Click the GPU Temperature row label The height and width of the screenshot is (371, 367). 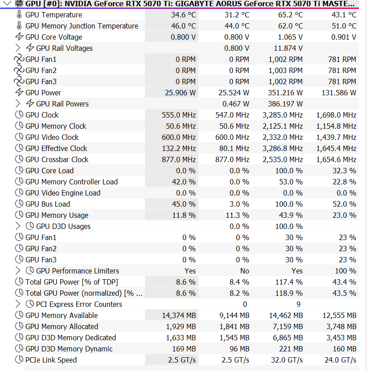coord(54,15)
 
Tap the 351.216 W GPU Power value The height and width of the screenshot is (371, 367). coord(285,93)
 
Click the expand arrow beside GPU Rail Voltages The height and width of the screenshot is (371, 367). coord(18,48)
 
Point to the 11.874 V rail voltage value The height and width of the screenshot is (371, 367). coord(288,48)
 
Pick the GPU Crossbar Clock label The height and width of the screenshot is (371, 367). coord(57,159)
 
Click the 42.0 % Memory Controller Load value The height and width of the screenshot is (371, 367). coord(183,182)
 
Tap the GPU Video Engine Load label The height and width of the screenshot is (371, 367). coord(62,193)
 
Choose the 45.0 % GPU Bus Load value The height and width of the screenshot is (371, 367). coord(183,204)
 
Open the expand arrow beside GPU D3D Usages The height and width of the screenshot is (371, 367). coord(18,226)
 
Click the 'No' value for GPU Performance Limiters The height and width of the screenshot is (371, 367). coord(244,271)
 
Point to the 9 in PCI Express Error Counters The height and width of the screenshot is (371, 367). coord(298,304)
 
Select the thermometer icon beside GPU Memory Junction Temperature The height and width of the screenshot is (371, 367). coord(19,26)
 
